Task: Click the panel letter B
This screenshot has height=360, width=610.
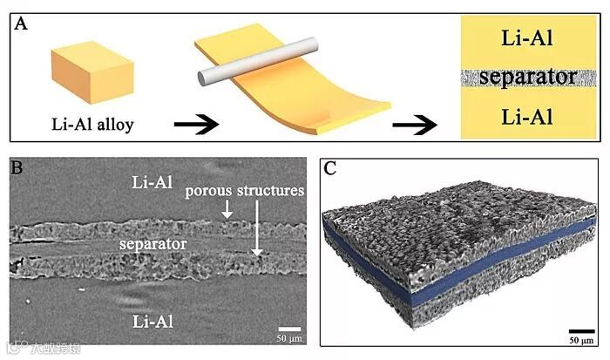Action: (x=17, y=166)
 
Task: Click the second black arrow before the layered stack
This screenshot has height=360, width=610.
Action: (x=416, y=123)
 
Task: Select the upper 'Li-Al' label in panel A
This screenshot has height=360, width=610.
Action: (x=525, y=38)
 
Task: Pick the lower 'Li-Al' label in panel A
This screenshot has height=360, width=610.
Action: (x=525, y=117)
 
